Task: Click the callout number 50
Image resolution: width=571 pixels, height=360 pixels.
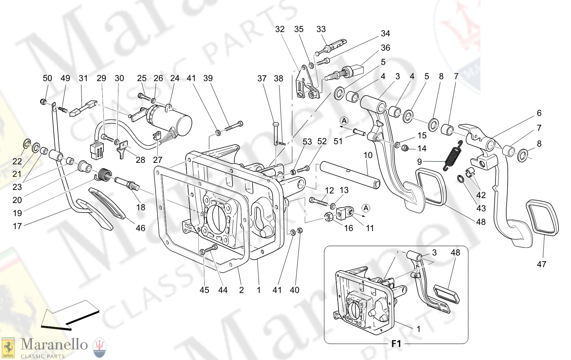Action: tap(47, 78)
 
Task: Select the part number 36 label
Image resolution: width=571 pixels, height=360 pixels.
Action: tap(385, 48)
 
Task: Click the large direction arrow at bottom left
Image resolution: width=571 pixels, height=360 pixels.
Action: tap(69, 315)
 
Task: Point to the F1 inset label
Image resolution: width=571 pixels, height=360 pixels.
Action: tap(396, 344)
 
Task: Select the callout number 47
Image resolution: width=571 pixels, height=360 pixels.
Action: tap(541, 264)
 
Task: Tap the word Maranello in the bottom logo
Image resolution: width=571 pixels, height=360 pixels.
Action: tap(54, 345)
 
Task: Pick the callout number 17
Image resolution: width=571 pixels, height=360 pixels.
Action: tap(17, 226)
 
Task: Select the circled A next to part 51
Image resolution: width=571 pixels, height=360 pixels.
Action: tap(344, 121)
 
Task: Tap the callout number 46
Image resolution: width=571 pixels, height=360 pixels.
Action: tap(141, 228)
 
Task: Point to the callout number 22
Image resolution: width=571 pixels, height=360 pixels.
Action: tap(17, 161)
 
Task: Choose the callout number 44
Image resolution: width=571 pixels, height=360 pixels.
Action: tap(223, 290)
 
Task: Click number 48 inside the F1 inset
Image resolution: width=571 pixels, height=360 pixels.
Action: tap(455, 253)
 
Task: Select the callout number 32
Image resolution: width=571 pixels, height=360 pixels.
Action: tap(280, 29)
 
